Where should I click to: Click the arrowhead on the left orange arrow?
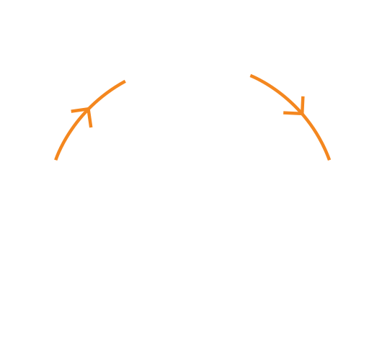pos(86,114)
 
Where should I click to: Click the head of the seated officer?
pos(73,174)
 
